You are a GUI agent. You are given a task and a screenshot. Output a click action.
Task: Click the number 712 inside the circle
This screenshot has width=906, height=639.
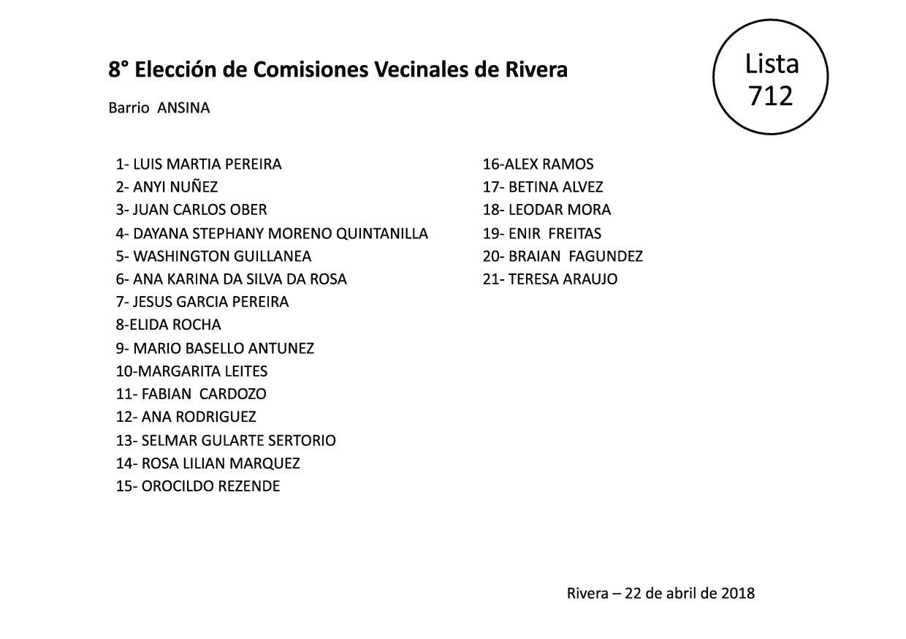coord(772,95)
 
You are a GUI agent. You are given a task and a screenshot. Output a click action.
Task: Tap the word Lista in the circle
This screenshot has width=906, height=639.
coord(772,64)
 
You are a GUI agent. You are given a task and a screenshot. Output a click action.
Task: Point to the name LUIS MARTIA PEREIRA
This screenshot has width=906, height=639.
coord(207,165)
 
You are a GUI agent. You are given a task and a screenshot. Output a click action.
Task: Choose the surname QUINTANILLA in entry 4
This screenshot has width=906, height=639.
coord(381,234)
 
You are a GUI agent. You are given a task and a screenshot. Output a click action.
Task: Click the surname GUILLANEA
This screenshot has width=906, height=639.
coord(272,257)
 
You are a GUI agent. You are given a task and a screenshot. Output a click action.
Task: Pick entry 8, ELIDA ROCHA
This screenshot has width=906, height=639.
coord(168,325)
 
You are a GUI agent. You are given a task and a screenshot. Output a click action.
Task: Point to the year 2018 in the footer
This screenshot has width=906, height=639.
coord(737,593)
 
